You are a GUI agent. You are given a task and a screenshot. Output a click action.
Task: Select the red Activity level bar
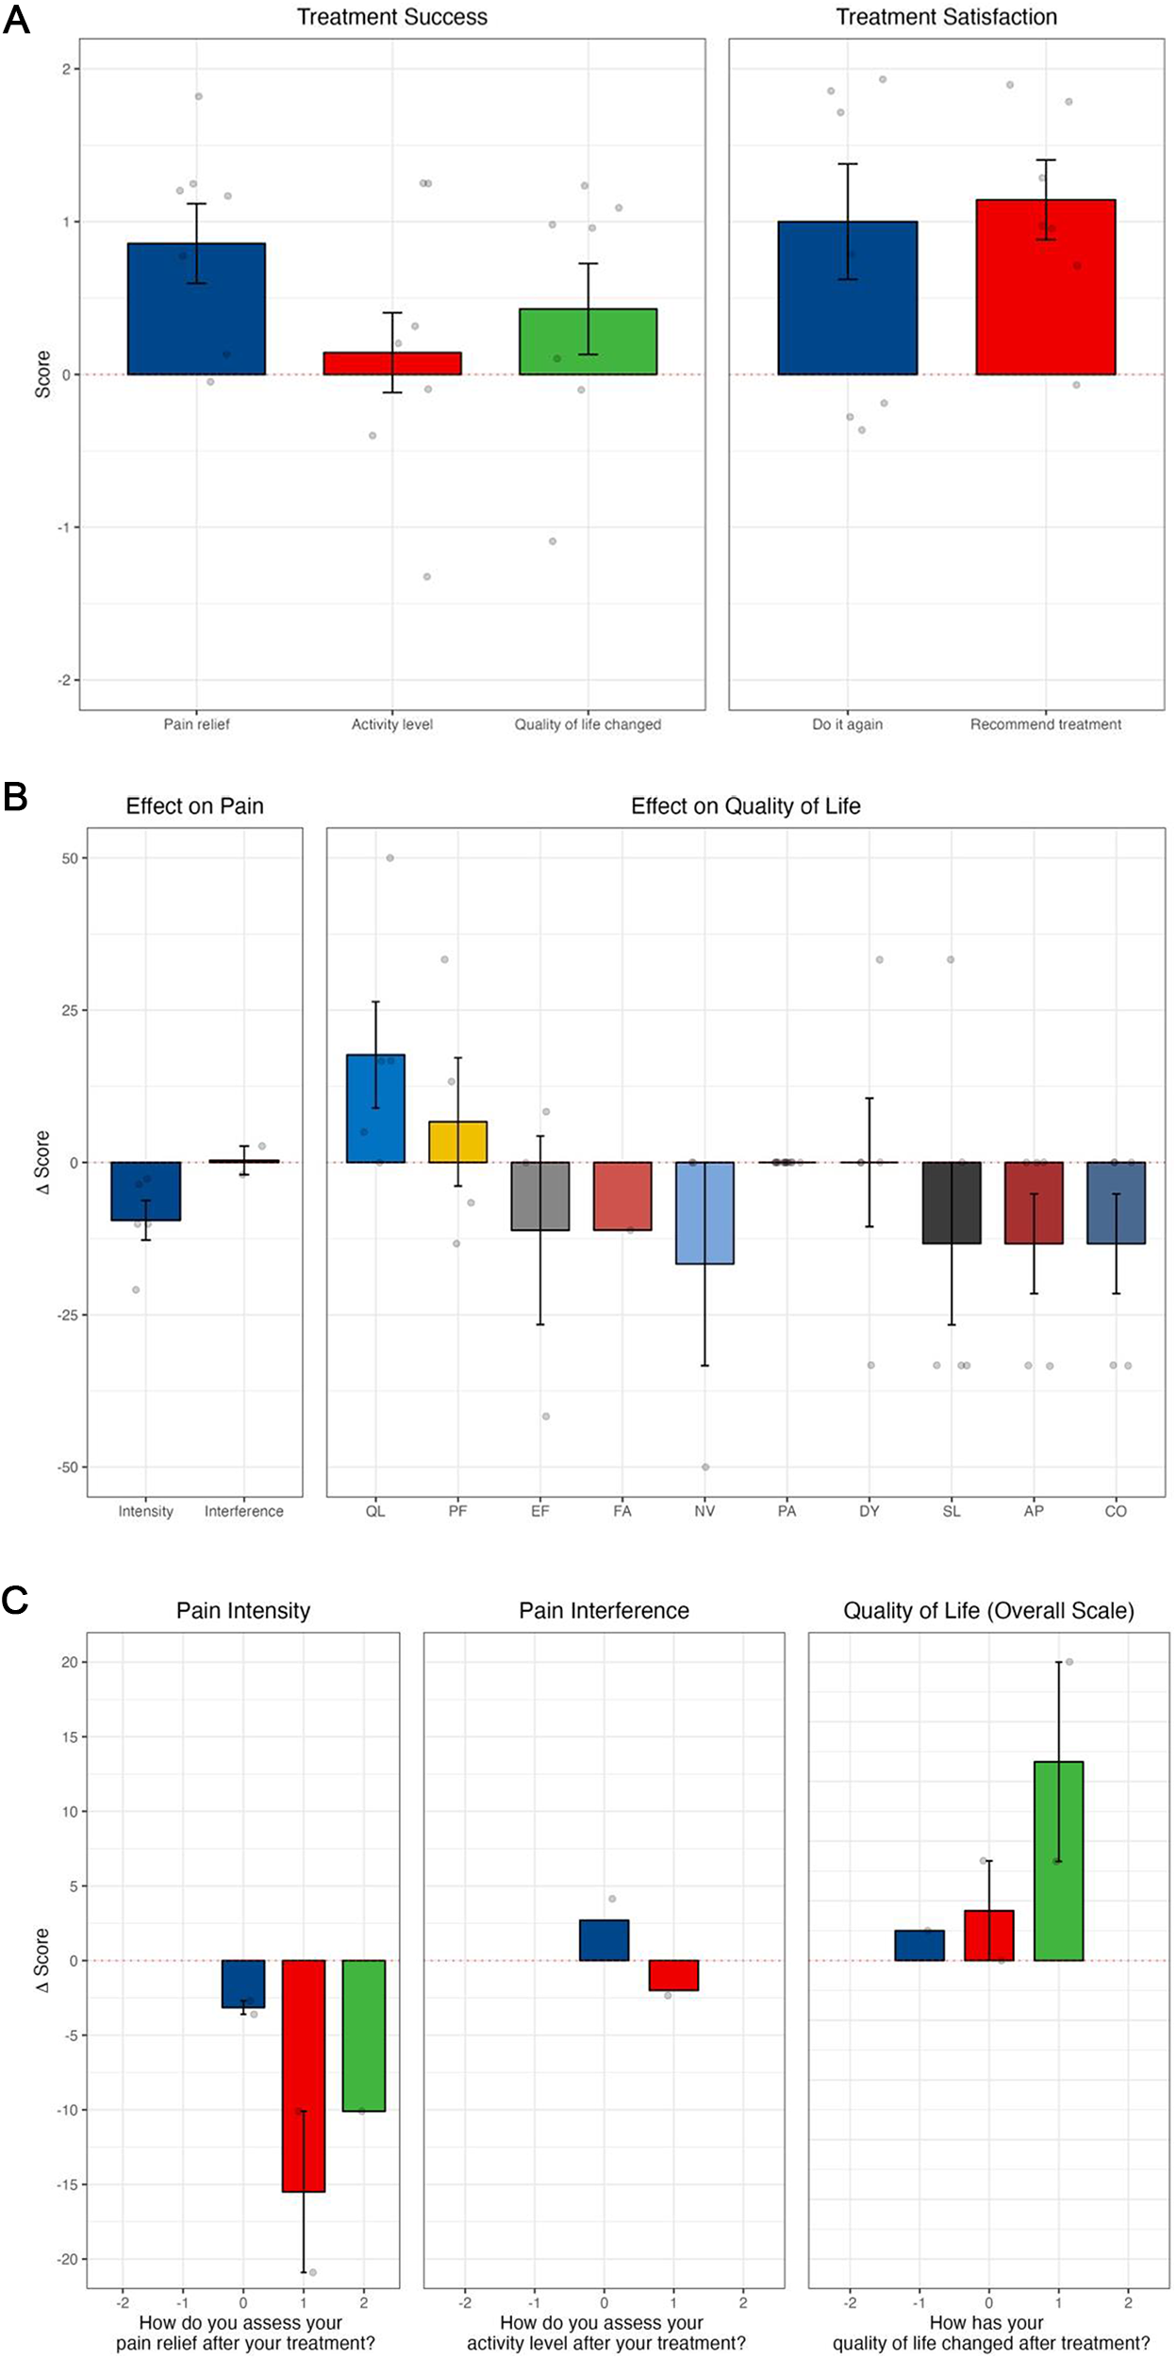[392, 364]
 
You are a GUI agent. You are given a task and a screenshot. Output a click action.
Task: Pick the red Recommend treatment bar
[1045, 288]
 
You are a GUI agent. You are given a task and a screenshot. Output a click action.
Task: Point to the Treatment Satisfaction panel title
[946, 17]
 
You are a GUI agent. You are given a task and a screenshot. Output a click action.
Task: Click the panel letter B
[16, 798]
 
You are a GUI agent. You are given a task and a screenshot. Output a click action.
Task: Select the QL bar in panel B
[375, 1108]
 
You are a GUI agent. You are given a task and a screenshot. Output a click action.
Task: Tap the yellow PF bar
[457, 1142]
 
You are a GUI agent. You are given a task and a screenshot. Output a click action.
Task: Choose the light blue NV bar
[704, 1213]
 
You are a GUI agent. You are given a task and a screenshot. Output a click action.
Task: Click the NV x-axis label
[704, 1511]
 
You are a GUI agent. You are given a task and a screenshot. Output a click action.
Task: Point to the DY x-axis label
[869, 1511]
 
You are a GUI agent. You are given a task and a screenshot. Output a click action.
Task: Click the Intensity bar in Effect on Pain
[145, 1191]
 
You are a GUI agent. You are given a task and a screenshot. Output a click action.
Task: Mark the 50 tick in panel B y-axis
[70, 858]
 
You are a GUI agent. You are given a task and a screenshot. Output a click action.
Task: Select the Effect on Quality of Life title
[745, 806]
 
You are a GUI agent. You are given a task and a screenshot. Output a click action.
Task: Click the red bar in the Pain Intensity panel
[303, 2075]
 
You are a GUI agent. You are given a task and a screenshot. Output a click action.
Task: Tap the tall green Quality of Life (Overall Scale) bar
[1058, 1861]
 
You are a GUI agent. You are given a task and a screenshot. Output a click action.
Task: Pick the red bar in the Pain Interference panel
[673, 1975]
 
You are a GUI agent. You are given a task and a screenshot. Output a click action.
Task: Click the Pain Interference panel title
[604, 1611]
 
